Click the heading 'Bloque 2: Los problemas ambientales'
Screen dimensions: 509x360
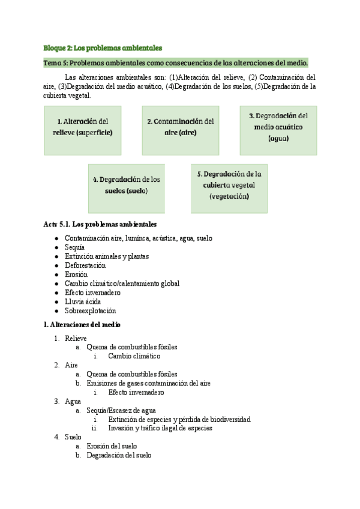click(103, 48)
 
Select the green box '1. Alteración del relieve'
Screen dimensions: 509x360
click(82, 130)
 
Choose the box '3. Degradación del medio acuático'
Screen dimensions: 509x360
click(278, 130)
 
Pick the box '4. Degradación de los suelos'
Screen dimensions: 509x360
click(127, 188)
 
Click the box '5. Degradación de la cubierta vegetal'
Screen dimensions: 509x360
click(229, 188)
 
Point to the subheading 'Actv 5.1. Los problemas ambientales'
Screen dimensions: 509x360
click(100, 224)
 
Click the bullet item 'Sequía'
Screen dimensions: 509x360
click(74, 247)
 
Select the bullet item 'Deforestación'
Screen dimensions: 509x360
click(85, 265)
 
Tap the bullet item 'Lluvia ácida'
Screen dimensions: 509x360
click(83, 301)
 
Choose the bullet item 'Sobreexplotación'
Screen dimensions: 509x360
click(90, 311)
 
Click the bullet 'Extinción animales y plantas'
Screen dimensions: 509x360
click(107, 256)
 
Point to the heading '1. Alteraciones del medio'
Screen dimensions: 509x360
click(82, 325)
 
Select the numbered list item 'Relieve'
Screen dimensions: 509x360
click(76, 338)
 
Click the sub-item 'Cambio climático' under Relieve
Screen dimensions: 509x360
click(134, 356)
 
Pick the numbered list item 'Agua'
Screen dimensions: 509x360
click(73, 401)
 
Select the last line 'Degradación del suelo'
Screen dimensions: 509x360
click(119, 455)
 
